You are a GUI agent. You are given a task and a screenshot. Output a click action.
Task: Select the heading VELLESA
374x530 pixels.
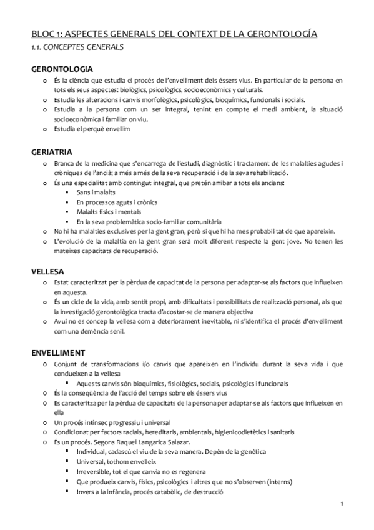[x=49, y=271]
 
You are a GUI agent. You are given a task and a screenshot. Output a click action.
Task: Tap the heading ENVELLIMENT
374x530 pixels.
[x=59, y=352]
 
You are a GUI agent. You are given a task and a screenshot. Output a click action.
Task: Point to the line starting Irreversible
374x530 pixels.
[x=141, y=471]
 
